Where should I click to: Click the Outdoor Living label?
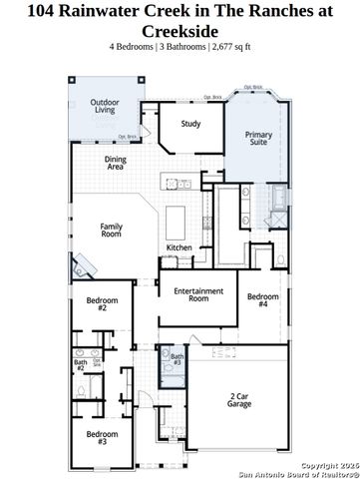pos(104,107)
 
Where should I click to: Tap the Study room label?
pos(190,124)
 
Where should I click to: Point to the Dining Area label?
pos(115,163)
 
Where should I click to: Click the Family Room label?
pos(111,231)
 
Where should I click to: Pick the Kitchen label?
pos(179,247)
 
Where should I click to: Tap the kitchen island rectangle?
pos(179,219)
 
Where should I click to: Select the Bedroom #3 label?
pos(102,436)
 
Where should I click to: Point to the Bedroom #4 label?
pos(262,299)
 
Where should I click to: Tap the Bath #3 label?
pos(177,359)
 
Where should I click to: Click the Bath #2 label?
pos(80,365)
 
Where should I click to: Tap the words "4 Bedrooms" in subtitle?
pos(133,46)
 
